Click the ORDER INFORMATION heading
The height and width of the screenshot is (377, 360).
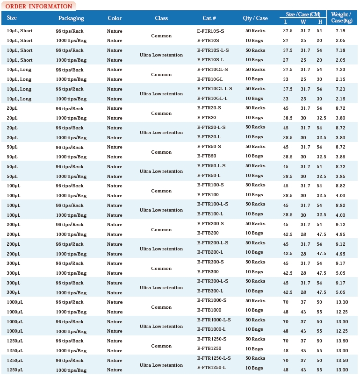(38, 6)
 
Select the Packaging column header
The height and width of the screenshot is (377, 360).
(71, 18)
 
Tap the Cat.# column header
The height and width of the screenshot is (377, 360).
(209, 18)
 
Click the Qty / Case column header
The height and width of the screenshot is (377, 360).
(255, 18)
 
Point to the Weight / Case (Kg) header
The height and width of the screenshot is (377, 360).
(341, 18)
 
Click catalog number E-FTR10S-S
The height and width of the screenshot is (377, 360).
(211, 31)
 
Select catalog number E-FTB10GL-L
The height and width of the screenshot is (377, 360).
(212, 99)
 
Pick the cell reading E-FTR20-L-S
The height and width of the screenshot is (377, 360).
(212, 128)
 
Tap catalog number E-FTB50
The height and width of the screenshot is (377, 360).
(207, 156)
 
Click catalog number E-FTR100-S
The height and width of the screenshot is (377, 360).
(210, 185)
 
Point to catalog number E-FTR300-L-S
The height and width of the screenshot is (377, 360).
(213, 281)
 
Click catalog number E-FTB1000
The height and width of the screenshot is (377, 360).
(209, 310)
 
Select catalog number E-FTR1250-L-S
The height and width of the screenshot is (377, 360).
(214, 358)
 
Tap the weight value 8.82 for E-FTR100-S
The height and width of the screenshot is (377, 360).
(340, 185)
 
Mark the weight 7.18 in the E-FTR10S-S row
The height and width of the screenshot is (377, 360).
(340, 31)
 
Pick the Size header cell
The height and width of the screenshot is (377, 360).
(12, 18)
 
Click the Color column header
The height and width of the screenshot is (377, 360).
(115, 18)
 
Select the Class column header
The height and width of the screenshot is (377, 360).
(161, 18)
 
